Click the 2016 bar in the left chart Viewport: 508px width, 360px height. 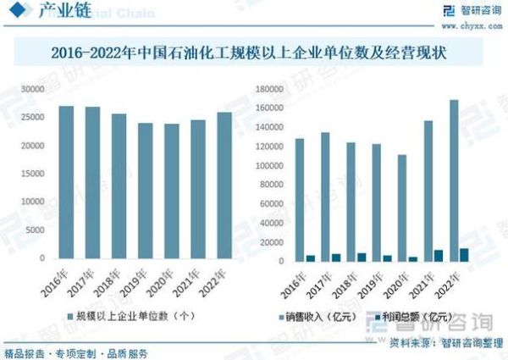pos(66,182)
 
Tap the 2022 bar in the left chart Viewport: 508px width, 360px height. pos(224,186)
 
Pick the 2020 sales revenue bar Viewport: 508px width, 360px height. pos(402,208)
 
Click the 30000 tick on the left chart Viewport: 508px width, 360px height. pos(32,89)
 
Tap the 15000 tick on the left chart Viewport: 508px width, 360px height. pos(32,174)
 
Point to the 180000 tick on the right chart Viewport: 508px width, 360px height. pos(263,89)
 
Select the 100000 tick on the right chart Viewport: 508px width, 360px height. pos(263,166)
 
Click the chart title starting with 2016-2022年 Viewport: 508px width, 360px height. pos(254,53)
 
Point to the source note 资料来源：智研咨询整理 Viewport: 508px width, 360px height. pos(439,344)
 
